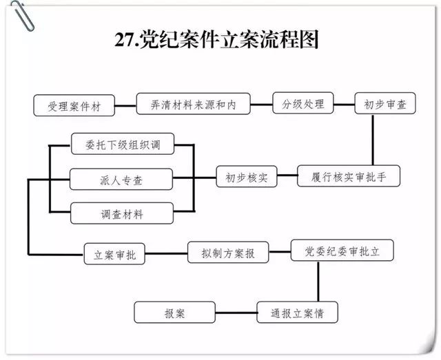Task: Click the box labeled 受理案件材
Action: click(x=73, y=106)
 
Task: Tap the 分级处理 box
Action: click(x=303, y=105)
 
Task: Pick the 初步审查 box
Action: click(x=385, y=105)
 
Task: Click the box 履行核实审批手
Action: click(x=349, y=177)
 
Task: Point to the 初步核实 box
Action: click(x=247, y=178)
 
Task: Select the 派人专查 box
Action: click(x=121, y=180)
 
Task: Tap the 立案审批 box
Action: click(x=114, y=254)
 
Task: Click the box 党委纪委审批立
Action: click(x=342, y=251)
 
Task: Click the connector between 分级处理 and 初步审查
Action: click(x=344, y=105)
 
